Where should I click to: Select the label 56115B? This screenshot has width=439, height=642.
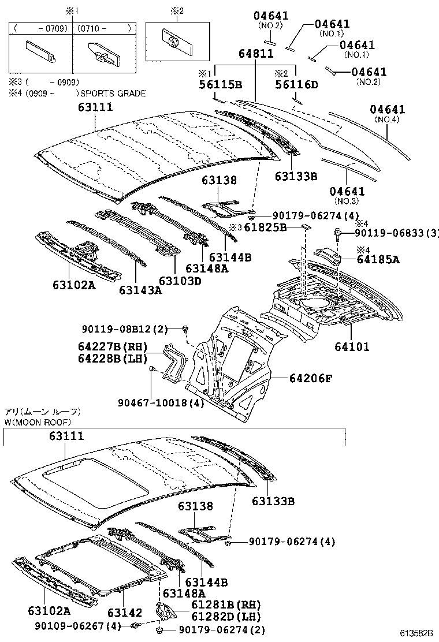pos(220,84)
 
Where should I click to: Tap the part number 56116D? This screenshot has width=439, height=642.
pos(296,84)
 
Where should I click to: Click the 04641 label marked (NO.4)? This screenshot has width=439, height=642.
pos(388,110)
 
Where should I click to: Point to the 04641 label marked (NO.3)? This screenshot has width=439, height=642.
pos(347,191)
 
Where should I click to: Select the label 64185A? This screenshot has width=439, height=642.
pos(378,259)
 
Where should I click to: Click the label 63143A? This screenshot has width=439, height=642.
pos(140,290)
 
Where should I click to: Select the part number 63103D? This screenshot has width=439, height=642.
pos(180,281)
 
